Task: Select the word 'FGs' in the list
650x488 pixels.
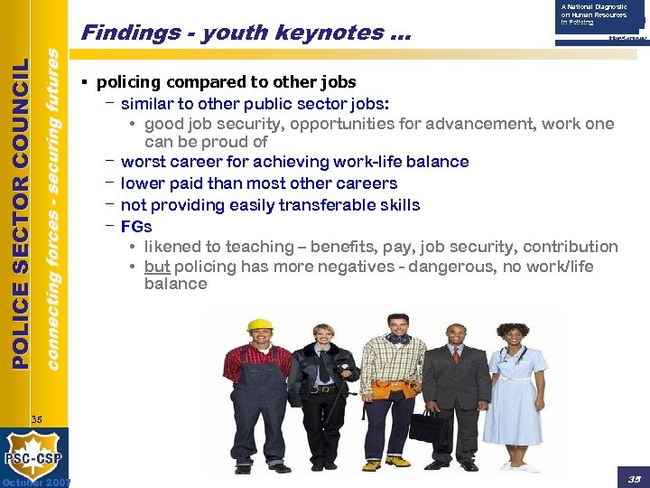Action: pos(136,227)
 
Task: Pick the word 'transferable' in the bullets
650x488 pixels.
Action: pos(306,205)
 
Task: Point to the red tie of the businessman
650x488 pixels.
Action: pos(457,356)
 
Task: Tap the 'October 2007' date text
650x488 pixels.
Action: pos(36,482)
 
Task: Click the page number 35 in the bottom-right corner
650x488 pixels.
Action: pos(632,476)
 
